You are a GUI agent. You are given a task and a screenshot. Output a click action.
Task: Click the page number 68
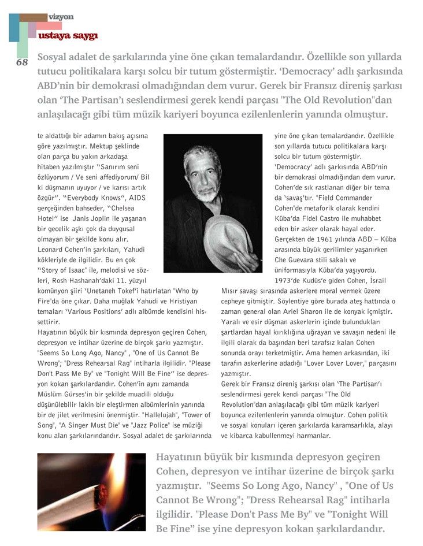pos(22,62)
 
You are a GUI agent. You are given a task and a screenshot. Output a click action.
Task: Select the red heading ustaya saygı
pos(67,36)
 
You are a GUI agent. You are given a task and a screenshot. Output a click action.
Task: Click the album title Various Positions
pos(99,311)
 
